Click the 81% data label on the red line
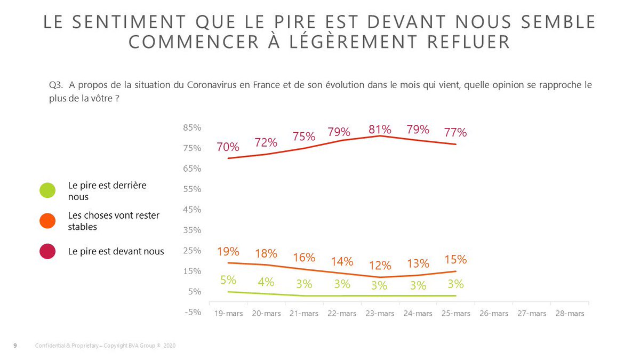coord(380,129)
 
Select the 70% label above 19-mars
coord(228,147)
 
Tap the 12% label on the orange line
coord(380,265)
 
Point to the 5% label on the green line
coord(228,279)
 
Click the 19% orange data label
coord(228,251)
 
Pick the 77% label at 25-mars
coord(455,132)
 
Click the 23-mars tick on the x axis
coord(379,314)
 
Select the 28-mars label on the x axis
coord(569,314)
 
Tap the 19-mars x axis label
coord(228,314)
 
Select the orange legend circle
coord(47,220)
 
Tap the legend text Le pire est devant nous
coord(116,251)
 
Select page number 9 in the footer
coord(15,346)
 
